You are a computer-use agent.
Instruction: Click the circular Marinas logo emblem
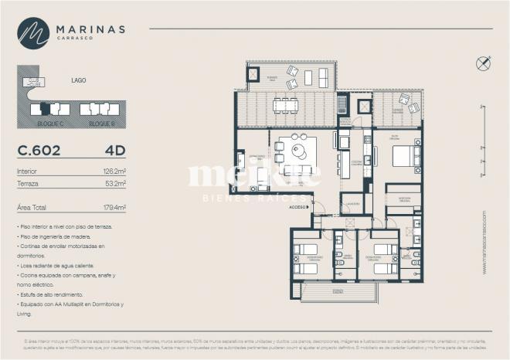[x=33, y=33]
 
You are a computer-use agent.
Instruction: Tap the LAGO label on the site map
[x=78, y=79]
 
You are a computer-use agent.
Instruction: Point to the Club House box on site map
[x=34, y=81]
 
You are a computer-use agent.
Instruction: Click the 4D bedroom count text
[x=115, y=150]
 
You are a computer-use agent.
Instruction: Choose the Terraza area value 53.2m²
[x=115, y=184]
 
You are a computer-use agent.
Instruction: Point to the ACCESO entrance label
[x=298, y=207]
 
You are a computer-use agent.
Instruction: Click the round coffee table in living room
[x=298, y=151]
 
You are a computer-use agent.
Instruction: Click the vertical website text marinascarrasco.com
[x=484, y=242]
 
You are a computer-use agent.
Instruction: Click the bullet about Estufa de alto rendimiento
[x=56, y=294]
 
